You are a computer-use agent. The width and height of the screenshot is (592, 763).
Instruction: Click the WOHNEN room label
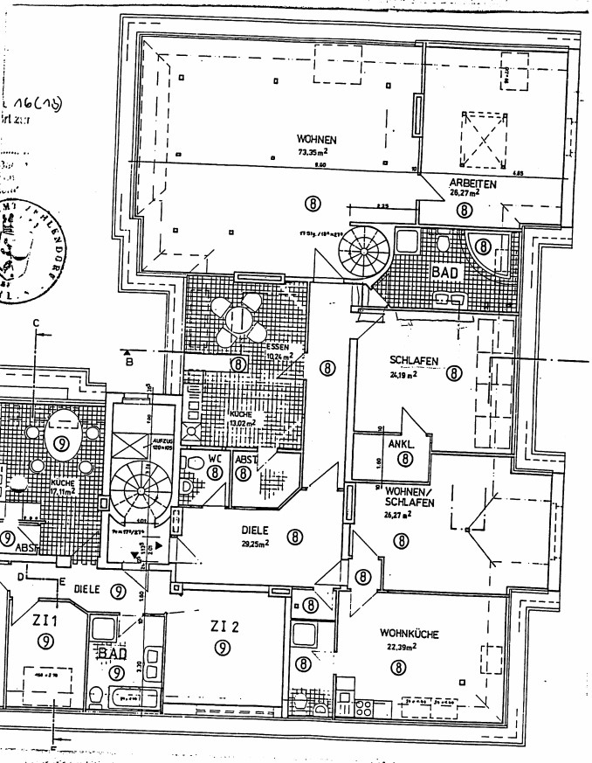pos(316,140)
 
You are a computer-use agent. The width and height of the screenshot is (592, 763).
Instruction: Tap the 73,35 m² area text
pos(315,151)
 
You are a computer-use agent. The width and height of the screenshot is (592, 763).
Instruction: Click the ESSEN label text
pos(279,347)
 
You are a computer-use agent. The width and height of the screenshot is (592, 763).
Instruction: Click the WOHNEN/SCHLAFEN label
pos(403,496)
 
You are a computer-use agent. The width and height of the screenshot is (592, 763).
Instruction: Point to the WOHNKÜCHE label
pos(409,634)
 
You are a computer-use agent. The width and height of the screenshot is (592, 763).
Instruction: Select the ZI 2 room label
pos(224,626)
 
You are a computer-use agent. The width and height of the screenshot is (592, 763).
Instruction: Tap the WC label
pos(214,457)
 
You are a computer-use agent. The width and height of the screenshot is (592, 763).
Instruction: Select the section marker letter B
pos(127,358)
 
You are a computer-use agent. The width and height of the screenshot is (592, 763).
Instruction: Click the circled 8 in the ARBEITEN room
pos(462,209)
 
